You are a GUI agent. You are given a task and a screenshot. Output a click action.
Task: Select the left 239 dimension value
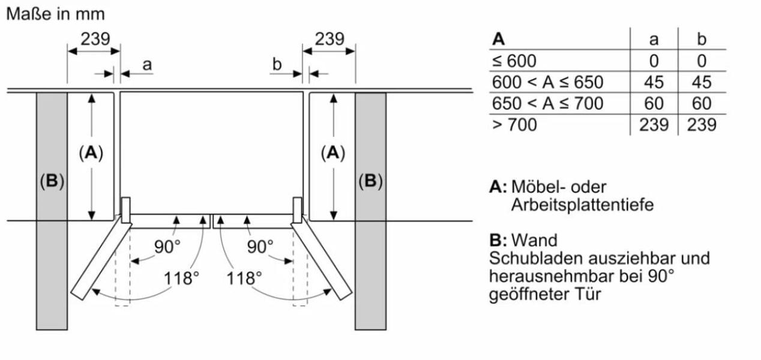(x=95, y=40)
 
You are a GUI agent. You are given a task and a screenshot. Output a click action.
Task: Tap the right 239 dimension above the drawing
(x=329, y=40)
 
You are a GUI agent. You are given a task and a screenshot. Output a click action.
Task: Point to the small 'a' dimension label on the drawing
(x=147, y=64)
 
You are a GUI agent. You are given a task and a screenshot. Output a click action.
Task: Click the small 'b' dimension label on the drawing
(x=277, y=64)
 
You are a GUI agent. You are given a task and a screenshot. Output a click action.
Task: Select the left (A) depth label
(x=91, y=154)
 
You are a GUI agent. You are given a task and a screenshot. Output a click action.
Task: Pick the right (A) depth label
(x=333, y=154)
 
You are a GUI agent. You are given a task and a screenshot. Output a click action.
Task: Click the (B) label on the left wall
(x=52, y=181)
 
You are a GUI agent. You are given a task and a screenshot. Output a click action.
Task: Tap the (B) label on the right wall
(x=370, y=181)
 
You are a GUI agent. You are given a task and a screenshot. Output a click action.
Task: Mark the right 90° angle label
(x=260, y=246)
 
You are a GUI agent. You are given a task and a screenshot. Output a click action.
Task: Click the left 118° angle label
(x=181, y=278)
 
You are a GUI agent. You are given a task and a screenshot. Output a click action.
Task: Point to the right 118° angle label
(x=245, y=278)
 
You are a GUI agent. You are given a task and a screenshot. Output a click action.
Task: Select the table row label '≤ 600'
(x=514, y=61)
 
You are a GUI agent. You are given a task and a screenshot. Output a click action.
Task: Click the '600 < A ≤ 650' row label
(x=547, y=82)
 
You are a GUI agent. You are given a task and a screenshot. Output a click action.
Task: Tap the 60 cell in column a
(x=654, y=103)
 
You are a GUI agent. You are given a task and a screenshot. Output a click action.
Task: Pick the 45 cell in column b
(x=702, y=82)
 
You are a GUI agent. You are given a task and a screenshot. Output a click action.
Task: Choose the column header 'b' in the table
(x=702, y=40)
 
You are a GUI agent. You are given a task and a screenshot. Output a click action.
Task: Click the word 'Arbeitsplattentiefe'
(x=582, y=205)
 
